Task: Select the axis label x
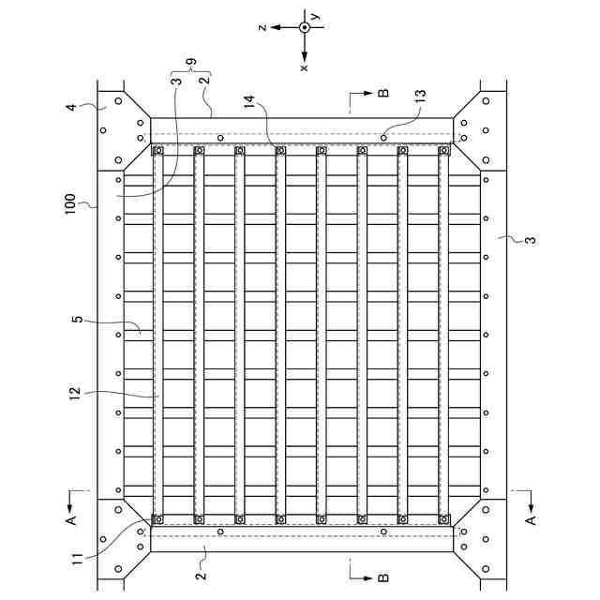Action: (x=304, y=67)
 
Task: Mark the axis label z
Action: (x=263, y=27)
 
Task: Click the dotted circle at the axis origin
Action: (x=305, y=27)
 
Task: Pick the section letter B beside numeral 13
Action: (x=382, y=94)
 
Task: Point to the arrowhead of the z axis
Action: (x=276, y=27)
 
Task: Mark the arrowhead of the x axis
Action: (x=305, y=54)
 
